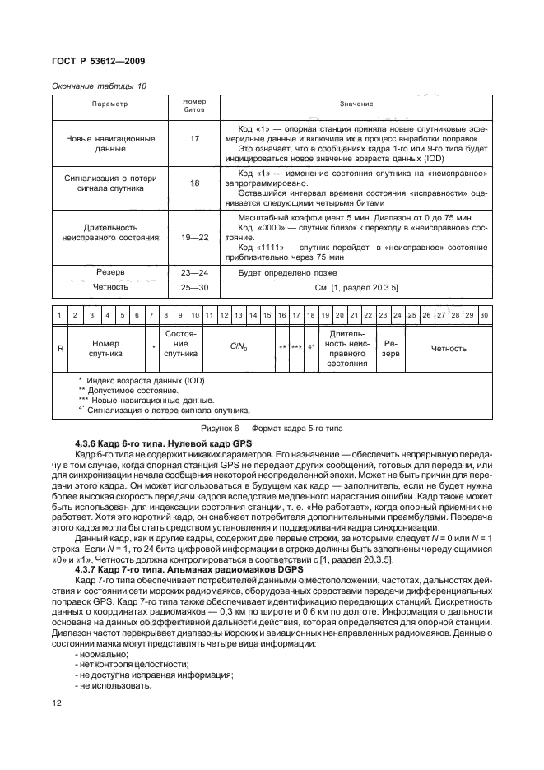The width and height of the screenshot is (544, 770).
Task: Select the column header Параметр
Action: [109, 104]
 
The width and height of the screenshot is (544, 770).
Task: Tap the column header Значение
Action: [356, 104]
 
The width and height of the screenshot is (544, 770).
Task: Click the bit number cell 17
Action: [195, 139]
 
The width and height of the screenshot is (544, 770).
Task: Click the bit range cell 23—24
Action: [195, 271]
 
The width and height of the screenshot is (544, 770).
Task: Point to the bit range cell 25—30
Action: [195, 289]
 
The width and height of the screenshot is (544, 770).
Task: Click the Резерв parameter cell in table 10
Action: [109, 271]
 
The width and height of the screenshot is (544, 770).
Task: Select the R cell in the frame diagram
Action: [60, 348]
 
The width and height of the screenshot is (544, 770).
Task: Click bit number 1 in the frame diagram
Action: [60, 315]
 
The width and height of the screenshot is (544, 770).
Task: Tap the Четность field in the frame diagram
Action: [449, 348]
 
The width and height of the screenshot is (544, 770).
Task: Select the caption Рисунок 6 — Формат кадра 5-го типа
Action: [272, 429]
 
